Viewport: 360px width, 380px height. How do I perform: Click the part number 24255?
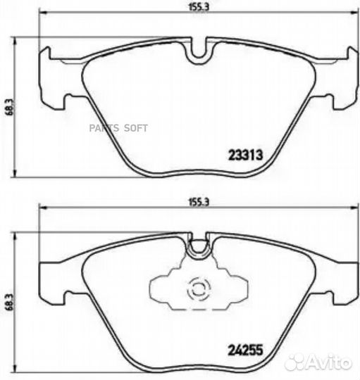[x=244, y=346]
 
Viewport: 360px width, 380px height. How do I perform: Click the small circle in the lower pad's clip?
[x=198, y=288]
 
